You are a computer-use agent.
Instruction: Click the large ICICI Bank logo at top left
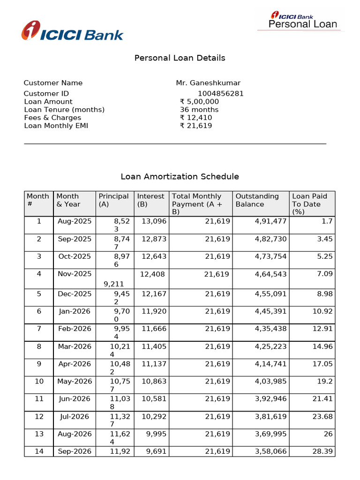(72, 32)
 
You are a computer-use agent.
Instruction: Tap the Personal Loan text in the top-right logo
(302, 24)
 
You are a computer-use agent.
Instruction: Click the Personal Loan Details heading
(180, 58)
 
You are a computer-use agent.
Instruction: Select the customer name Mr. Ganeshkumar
(208, 83)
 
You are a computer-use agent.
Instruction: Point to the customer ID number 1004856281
(220, 94)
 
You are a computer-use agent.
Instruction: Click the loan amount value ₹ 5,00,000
(199, 102)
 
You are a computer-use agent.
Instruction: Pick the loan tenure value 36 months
(199, 110)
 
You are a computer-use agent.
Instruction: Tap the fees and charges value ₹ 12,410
(196, 118)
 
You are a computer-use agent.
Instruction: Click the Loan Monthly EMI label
(56, 126)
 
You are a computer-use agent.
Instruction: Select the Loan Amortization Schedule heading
(180, 177)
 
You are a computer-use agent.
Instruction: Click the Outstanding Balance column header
(257, 200)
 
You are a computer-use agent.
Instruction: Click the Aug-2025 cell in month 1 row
(75, 221)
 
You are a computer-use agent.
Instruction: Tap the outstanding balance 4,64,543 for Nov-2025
(270, 274)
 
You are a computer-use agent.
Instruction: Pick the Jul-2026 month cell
(75, 417)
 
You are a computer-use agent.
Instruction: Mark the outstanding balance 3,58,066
(270, 451)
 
